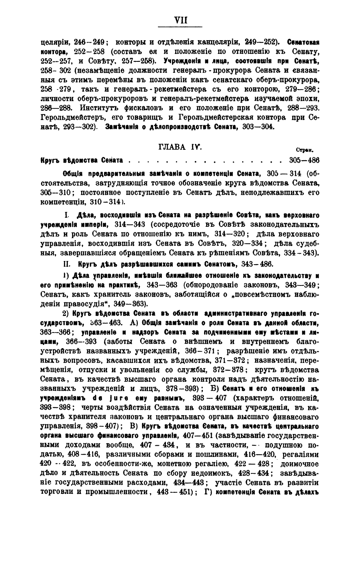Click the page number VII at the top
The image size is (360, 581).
pos(180,20)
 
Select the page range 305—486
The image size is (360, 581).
pos(304,160)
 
